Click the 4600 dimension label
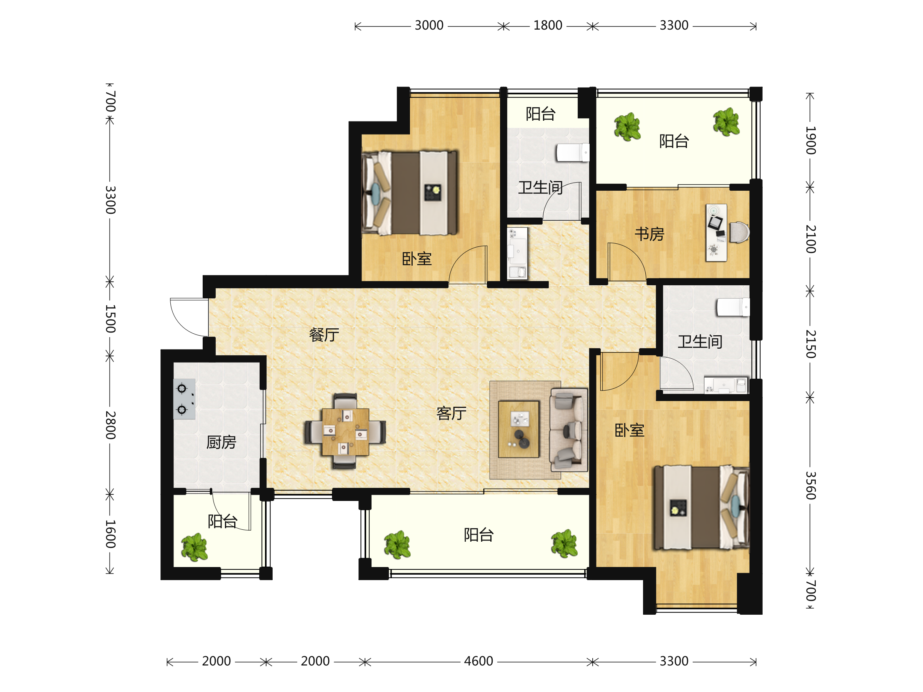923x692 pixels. pos(478,661)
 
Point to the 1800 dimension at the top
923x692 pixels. pos(548,25)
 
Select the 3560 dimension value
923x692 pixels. pos(810,486)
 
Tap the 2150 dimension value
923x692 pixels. pos(810,344)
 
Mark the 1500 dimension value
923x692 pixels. pos(110,319)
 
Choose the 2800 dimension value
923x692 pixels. pos(110,425)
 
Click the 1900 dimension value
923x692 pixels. pos(810,140)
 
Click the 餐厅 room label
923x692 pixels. pos(324,334)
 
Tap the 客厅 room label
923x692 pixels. pos(451,413)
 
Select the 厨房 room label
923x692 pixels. pos(221,442)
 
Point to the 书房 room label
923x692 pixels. pos(649,234)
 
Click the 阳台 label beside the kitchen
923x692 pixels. pos(222,521)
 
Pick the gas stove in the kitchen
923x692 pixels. pos(184,399)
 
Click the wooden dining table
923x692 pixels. pos(345,432)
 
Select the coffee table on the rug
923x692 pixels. pos(519,429)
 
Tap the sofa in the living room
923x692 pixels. pos(569,430)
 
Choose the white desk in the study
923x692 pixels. pos(716,232)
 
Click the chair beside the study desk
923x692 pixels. pos(740,232)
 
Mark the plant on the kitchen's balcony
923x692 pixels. pos(194,548)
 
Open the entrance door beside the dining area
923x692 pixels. pos(189,318)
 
